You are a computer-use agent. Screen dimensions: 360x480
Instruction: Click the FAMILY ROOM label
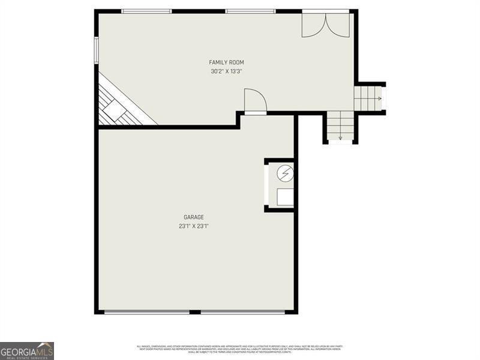click(x=226, y=62)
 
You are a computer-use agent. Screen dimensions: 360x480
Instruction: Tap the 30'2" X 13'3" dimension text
click(x=226, y=71)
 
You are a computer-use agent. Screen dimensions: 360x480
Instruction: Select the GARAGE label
click(x=194, y=217)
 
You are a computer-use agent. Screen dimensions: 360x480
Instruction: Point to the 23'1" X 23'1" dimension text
click(x=194, y=226)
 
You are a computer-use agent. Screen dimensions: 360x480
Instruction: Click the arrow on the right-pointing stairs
click(x=379, y=98)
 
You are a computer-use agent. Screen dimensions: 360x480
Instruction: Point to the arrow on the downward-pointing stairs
click(x=340, y=138)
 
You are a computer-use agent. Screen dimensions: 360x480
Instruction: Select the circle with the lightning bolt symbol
click(x=285, y=173)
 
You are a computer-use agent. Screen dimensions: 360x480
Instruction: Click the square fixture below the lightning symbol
click(x=285, y=197)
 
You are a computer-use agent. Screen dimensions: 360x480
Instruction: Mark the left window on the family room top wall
click(x=146, y=11)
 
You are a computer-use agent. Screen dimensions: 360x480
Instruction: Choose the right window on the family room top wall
click(x=250, y=11)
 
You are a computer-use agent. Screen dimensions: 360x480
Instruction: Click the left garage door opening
click(x=146, y=311)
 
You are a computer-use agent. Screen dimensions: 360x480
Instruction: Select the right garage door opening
click(x=242, y=311)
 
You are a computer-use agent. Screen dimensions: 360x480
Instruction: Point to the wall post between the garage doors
click(x=194, y=311)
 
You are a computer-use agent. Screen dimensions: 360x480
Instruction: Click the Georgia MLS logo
click(x=27, y=350)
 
